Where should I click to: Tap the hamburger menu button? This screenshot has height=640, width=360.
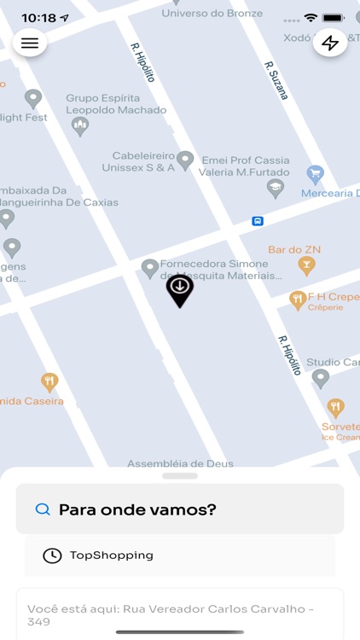point(30,44)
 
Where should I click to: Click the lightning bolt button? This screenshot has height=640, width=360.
point(330,44)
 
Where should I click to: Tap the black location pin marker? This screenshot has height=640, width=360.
point(179,289)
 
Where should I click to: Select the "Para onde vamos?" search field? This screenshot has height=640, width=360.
point(180,509)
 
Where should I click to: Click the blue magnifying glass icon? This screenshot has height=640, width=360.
point(43,509)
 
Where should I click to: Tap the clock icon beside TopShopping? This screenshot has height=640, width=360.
point(52,556)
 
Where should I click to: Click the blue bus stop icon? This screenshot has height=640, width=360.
point(258,221)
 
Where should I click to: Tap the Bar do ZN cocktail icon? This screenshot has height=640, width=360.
point(306,266)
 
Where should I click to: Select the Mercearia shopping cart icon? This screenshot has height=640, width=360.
point(316,175)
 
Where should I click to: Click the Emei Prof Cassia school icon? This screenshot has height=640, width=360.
point(275,189)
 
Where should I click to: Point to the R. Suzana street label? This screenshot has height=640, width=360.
point(276,80)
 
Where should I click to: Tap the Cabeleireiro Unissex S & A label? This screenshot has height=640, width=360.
point(143,162)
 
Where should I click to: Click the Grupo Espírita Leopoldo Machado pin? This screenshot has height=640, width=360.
point(80,126)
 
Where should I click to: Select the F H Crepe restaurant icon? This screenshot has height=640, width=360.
point(297,300)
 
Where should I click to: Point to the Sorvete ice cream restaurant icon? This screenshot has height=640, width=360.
point(335,408)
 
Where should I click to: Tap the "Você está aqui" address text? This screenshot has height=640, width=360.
point(171,614)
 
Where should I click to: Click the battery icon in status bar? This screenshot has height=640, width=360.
point(333,17)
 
